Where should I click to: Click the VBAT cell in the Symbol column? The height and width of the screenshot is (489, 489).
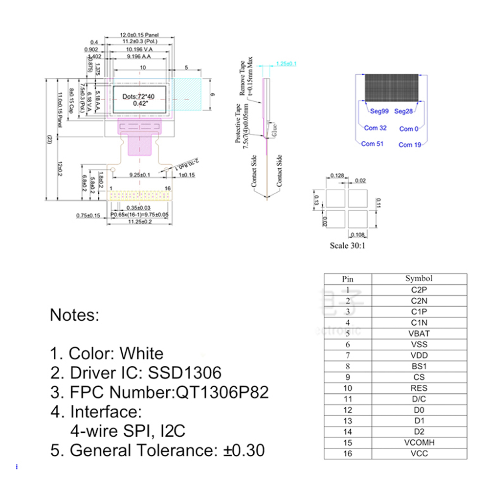click(420, 333)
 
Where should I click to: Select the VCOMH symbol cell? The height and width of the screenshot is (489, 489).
click(420, 443)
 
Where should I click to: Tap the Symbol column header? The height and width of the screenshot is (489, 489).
click(419, 279)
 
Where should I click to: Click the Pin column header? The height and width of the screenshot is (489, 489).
click(348, 279)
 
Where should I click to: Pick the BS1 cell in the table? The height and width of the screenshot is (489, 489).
click(420, 366)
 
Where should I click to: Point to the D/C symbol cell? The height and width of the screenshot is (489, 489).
click(420, 399)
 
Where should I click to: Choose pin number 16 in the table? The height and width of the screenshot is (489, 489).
click(348, 454)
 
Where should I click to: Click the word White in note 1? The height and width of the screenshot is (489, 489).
click(141, 353)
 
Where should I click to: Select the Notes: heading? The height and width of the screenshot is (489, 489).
click(75, 315)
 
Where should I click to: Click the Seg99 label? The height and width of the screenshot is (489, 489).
click(379, 111)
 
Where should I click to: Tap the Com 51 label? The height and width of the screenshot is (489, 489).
click(372, 144)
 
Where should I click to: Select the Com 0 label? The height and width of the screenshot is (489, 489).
click(409, 129)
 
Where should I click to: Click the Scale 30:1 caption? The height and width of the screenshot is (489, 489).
click(347, 245)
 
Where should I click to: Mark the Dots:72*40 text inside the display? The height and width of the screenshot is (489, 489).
click(138, 97)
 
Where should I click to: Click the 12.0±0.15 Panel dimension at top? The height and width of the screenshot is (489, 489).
click(139, 35)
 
